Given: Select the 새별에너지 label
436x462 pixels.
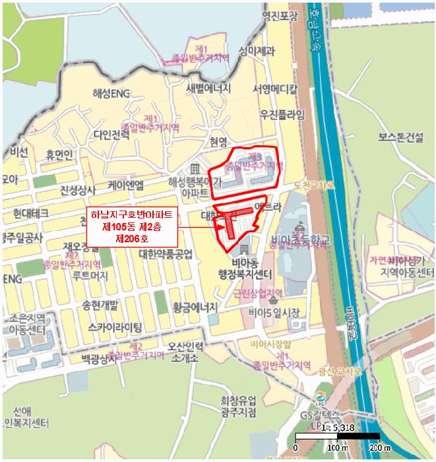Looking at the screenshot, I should [x=208, y=88].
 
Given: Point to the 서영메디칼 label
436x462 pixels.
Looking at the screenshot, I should [x=275, y=88].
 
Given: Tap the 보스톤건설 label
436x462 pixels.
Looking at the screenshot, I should [x=401, y=138].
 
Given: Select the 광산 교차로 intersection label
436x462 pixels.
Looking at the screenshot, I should [x=340, y=372].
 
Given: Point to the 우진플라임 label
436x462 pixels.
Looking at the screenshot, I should [x=283, y=114].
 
